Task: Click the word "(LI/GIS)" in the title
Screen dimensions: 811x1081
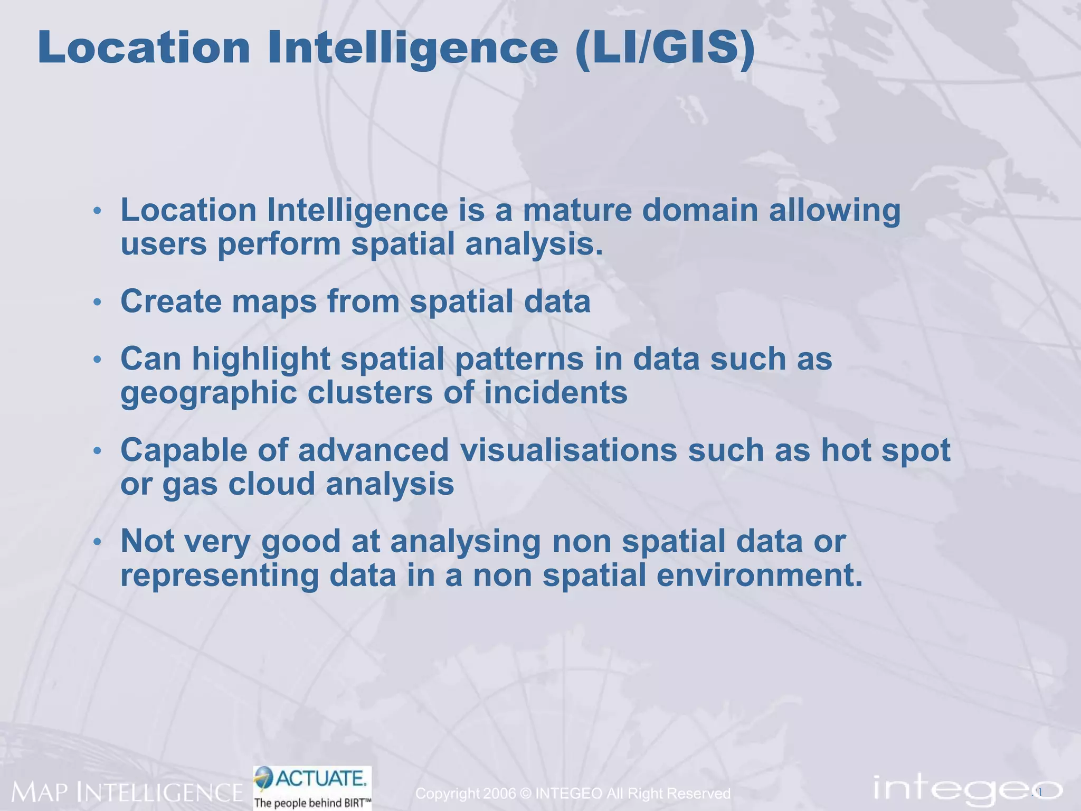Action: tap(665, 49)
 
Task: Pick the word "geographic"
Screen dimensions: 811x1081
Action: tap(209, 393)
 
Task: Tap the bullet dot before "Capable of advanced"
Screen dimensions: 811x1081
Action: tap(97, 452)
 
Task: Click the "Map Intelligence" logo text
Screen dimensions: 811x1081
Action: tap(127, 792)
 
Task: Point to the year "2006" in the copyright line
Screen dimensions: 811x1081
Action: tap(499, 794)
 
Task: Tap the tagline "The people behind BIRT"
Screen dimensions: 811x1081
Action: tap(312, 803)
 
